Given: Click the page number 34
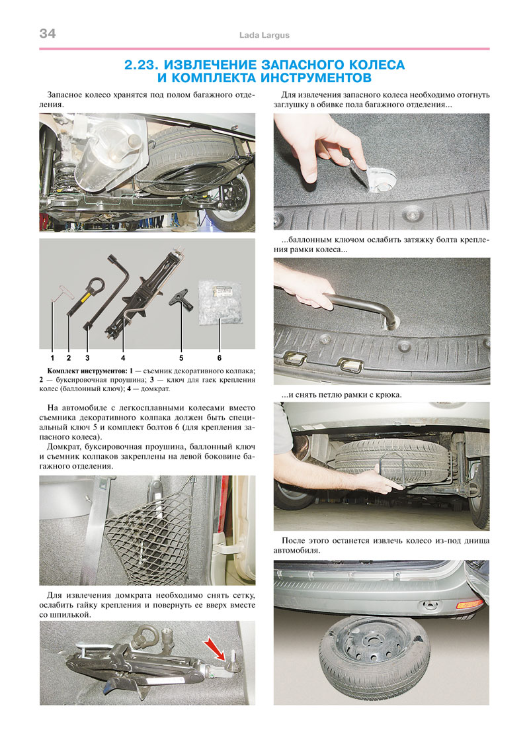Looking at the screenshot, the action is pos(48,33).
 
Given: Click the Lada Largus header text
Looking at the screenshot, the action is pos(264,35).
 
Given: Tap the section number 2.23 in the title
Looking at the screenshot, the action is pos(142,65).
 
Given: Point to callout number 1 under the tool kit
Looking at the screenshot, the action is pos(52,358).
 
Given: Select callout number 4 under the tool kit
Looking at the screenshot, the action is pos(123,358).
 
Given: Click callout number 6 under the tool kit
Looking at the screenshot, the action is pos(220,358).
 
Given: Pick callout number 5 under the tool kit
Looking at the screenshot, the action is pos(181,358).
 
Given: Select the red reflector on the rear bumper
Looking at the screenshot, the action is pos(469,604).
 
